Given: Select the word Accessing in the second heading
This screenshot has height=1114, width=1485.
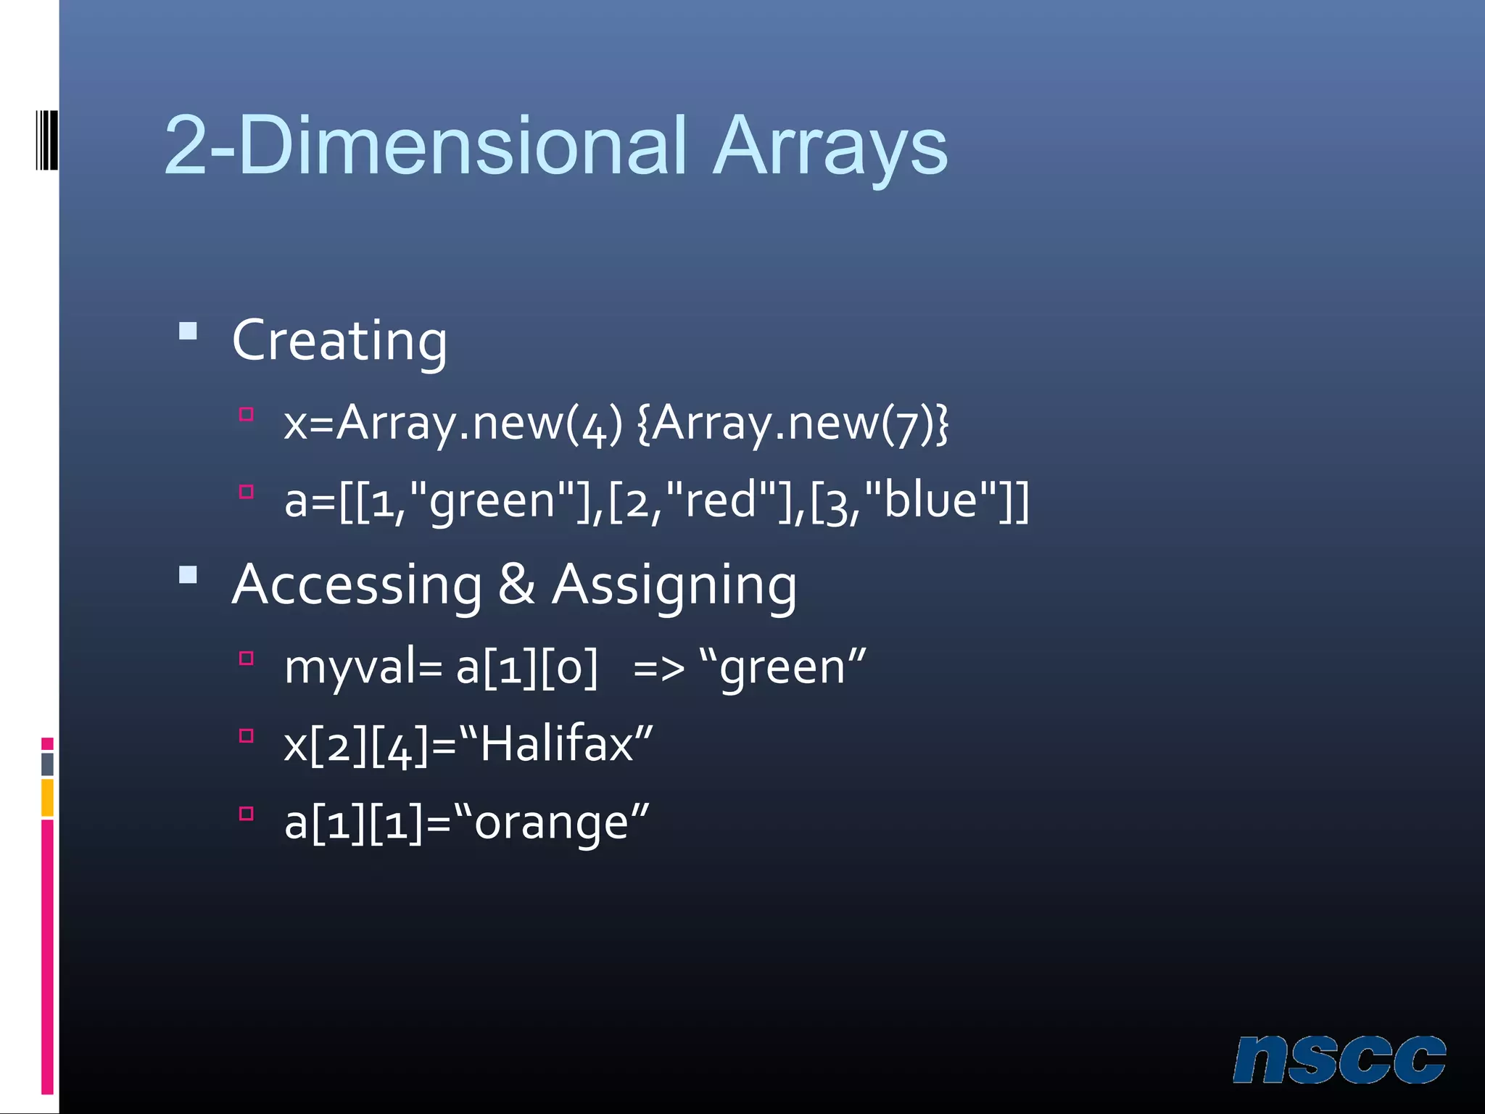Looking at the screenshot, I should point(357,585).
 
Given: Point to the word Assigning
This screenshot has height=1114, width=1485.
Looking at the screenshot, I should point(674,585).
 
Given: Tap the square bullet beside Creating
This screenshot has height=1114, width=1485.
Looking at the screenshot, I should point(189,331).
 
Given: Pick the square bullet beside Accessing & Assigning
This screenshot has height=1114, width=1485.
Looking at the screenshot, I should point(189,575).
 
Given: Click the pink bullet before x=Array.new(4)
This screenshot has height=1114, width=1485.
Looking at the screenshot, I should point(247,414).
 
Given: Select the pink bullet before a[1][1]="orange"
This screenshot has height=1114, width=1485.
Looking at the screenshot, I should point(247,813).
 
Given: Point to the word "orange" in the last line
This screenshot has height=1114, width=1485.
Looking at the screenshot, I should point(552,822).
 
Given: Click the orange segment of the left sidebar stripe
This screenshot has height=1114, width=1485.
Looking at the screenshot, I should point(47,797).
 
